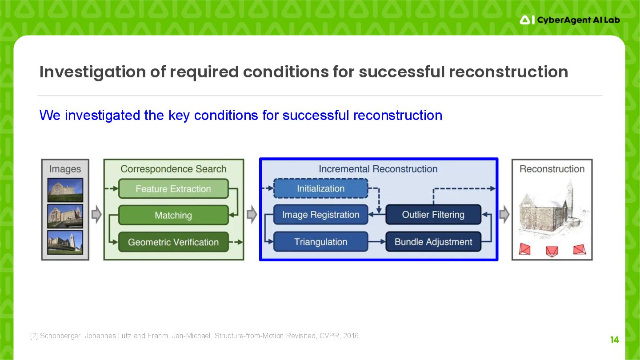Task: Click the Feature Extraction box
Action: coord(173,189)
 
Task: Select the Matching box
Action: coord(173,216)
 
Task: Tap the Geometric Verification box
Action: coord(173,242)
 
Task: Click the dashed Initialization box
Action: coord(320,188)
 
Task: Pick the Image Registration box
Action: coord(320,215)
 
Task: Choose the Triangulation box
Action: coord(320,242)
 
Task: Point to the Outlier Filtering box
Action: coord(433,215)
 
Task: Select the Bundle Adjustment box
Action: coord(433,242)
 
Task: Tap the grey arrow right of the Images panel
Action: coord(96,215)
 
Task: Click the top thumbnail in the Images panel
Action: coord(65,190)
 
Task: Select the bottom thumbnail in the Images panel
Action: coord(65,242)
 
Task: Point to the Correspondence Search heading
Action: coord(173,169)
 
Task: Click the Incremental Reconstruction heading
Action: coord(378,169)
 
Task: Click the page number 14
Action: coord(614,340)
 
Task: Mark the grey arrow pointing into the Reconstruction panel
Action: coord(504,215)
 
